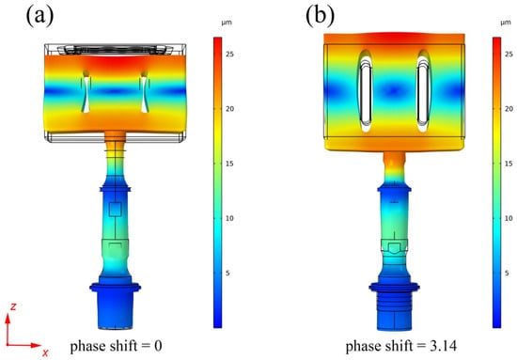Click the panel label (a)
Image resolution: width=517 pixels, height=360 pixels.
39,15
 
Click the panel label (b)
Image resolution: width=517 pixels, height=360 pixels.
320,15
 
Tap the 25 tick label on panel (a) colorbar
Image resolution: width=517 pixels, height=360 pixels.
229,54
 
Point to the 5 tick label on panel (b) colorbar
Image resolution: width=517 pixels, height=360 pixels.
507,273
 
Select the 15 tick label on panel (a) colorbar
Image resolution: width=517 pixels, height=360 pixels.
229,164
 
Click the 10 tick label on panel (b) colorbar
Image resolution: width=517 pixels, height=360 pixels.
509,218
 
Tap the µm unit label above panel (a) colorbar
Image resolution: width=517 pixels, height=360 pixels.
227,23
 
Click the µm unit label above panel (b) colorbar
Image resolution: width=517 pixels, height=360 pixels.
506,23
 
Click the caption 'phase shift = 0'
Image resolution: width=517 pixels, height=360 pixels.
116,346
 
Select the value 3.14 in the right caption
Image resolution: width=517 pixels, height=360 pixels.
444,346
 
